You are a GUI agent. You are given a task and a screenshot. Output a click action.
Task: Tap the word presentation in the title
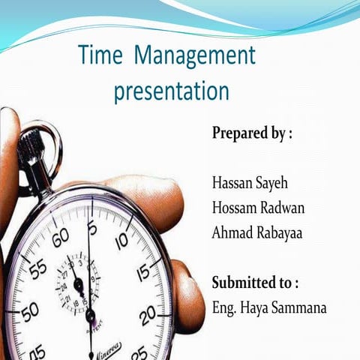point(171,92)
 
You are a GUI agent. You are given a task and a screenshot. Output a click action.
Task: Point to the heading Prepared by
point(251,134)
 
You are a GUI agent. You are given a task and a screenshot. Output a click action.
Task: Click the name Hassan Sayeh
point(250,181)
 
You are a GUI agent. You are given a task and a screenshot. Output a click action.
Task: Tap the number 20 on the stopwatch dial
point(148,313)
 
